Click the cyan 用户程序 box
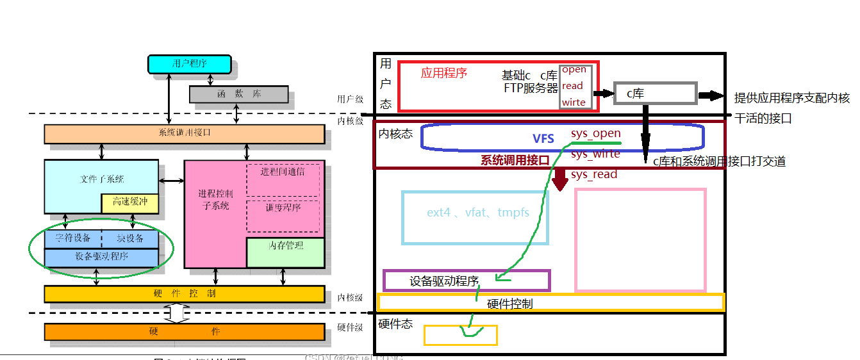tap(190, 63)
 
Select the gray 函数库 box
tap(238, 94)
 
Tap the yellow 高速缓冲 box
tap(129, 202)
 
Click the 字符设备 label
tap(72, 238)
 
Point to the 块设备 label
tap(130, 238)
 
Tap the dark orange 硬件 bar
tap(185, 332)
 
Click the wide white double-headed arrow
tap(177, 313)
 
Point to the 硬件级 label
tap(350, 327)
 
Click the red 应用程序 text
tap(443, 73)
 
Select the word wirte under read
tap(574, 102)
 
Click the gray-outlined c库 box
tap(654, 94)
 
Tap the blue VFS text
tap(543, 138)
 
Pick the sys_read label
tap(593, 174)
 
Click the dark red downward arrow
tap(561, 180)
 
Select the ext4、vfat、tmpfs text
tap(478, 212)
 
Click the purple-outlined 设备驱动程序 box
tap(467, 281)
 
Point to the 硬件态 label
tap(395, 323)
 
